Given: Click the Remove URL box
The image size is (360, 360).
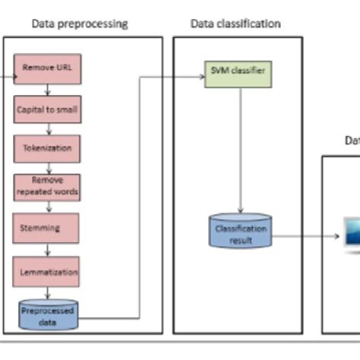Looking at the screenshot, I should tap(48, 68).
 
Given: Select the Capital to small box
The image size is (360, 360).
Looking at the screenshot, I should tap(48, 109).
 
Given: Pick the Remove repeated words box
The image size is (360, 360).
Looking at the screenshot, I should tap(47, 187).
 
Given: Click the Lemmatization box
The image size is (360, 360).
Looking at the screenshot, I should tap(47, 270).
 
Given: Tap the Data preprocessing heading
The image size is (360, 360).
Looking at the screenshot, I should tap(79, 24).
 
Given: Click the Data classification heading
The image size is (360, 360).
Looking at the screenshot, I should tap(235, 24).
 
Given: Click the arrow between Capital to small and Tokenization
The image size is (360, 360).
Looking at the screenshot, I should tap(48, 128).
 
